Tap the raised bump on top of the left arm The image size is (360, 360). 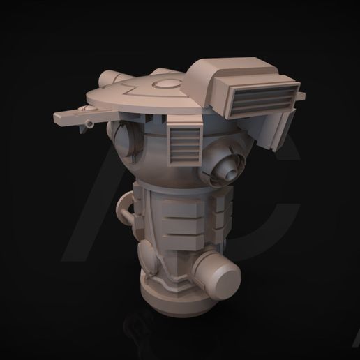click(x=84, y=109)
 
